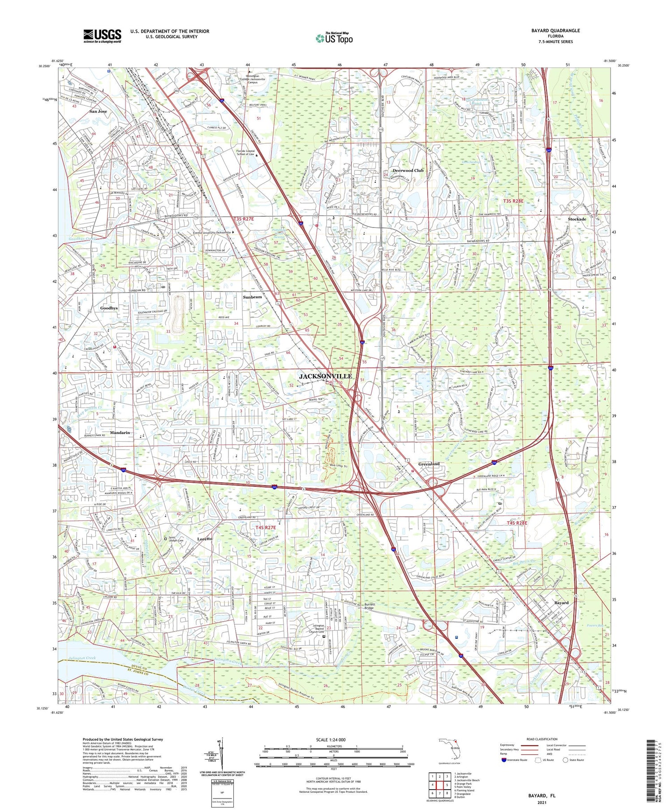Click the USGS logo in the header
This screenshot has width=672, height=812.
102,36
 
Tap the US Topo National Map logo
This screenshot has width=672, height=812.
334,38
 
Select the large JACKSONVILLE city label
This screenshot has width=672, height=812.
325,376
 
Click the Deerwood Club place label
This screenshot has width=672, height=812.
408,171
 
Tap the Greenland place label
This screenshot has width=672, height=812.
429,464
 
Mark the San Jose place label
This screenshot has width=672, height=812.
98,111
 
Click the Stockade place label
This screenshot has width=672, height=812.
577,219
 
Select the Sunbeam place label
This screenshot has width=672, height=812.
252,297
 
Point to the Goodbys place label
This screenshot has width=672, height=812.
109,308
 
